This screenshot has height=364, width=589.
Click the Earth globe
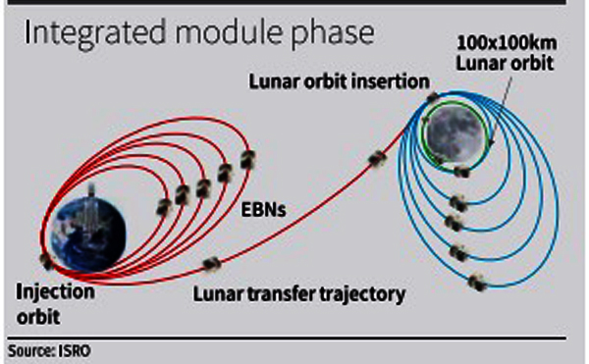tap(88, 234)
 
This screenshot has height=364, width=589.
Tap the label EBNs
tap(263, 210)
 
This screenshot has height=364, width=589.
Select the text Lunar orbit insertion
tap(340, 81)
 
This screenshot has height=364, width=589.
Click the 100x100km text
tap(507, 43)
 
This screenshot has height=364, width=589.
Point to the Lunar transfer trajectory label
tap(299, 294)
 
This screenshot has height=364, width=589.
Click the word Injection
tap(55, 292)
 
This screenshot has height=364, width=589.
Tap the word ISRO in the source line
tap(75, 351)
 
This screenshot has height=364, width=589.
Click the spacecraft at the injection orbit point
tap(46, 261)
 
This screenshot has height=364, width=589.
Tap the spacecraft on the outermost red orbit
tap(248, 160)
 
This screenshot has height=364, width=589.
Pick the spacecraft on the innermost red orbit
tap(164, 207)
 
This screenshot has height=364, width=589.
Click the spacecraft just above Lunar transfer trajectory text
tap(212, 263)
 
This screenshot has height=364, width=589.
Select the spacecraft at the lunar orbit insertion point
tap(433, 98)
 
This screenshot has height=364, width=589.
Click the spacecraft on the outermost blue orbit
tap(477, 283)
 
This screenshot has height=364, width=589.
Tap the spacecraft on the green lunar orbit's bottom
tap(461, 172)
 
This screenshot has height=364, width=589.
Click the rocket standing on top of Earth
tap(91, 190)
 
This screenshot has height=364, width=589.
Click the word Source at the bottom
tap(31, 351)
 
